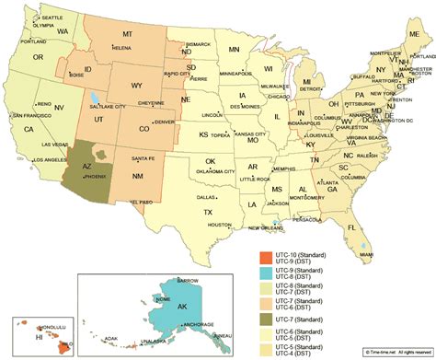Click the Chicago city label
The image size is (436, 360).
[x=274, y=95]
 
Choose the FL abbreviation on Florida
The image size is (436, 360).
[x=351, y=226]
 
